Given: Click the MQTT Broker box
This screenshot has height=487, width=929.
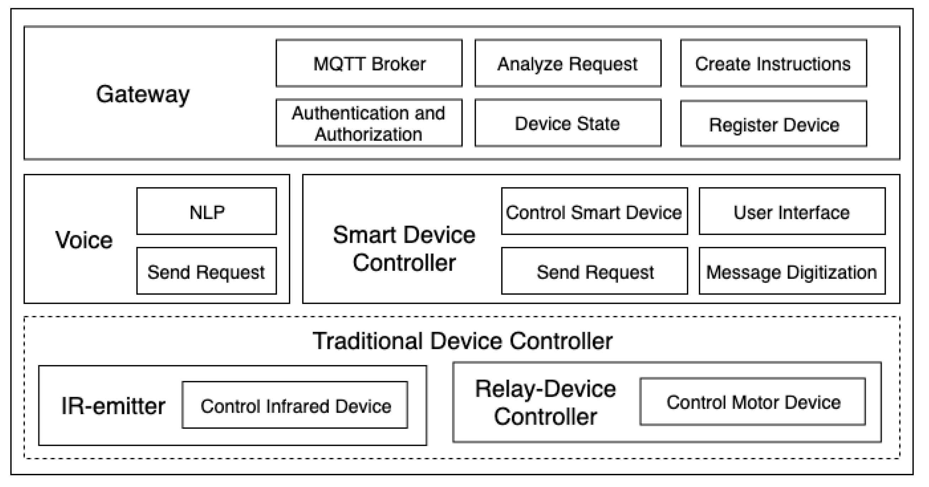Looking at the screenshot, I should [x=369, y=64].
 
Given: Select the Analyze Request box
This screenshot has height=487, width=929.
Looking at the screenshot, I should [x=568, y=64].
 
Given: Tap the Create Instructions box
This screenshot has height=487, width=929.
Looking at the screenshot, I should [x=773, y=64].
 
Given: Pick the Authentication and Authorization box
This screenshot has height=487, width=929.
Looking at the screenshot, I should [x=369, y=123].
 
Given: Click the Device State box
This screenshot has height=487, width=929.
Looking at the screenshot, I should [x=568, y=123].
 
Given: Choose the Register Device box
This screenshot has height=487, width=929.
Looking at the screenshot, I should [x=773, y=124].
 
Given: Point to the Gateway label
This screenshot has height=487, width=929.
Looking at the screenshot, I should [x=143, y=95].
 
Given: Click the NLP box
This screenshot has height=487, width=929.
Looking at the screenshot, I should [x=206, y=212].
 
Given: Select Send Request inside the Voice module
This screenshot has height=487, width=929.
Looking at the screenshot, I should [x=206, y=271].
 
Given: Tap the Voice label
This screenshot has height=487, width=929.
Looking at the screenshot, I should [x=84, y=240].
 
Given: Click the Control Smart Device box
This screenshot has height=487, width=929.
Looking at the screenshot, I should [x=594, y=212].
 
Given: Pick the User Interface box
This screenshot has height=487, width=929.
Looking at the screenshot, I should [x=792, y=212].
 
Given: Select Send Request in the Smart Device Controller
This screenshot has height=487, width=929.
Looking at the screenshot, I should [x=594, y=271].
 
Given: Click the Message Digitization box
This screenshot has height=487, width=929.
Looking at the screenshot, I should [x=792, y=271].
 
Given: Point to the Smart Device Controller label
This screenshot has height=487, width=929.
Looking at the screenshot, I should [x=404, y=248].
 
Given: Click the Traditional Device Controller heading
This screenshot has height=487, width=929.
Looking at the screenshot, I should [x=462, y=341].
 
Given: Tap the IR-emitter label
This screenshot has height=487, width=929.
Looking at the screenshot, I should [x=113, y=406].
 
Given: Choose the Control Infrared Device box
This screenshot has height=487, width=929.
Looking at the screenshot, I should [x=295, y=406].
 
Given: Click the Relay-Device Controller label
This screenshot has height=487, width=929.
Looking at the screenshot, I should [x=545, y=403].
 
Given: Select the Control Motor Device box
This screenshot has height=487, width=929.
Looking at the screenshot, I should [x=753, y=402].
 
